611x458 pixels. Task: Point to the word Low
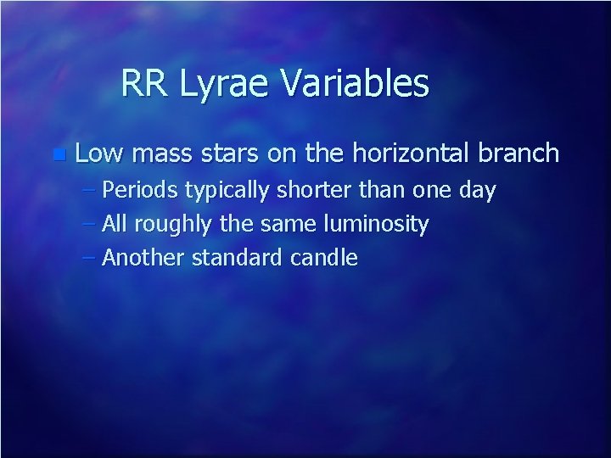[x=99, y=154]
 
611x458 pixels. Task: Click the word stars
[x=231, y=154]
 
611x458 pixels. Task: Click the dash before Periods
[x=91, y=191]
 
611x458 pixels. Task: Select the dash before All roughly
[x=91, y=225]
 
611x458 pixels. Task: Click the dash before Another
[x=91, y=258]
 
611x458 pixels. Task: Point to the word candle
[x=326, y=258]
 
